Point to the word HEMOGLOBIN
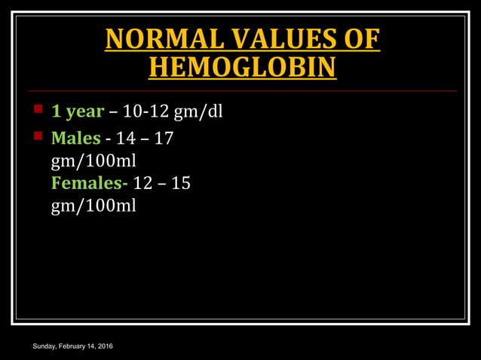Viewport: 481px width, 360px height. [242, 68]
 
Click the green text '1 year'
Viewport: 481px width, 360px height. [77, 112]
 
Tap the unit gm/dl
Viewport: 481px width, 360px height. [198, 112]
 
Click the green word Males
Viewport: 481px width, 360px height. [75, 139]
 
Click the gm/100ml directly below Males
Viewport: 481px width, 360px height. [93, 161]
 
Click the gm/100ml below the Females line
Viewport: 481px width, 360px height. [93, 206]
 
